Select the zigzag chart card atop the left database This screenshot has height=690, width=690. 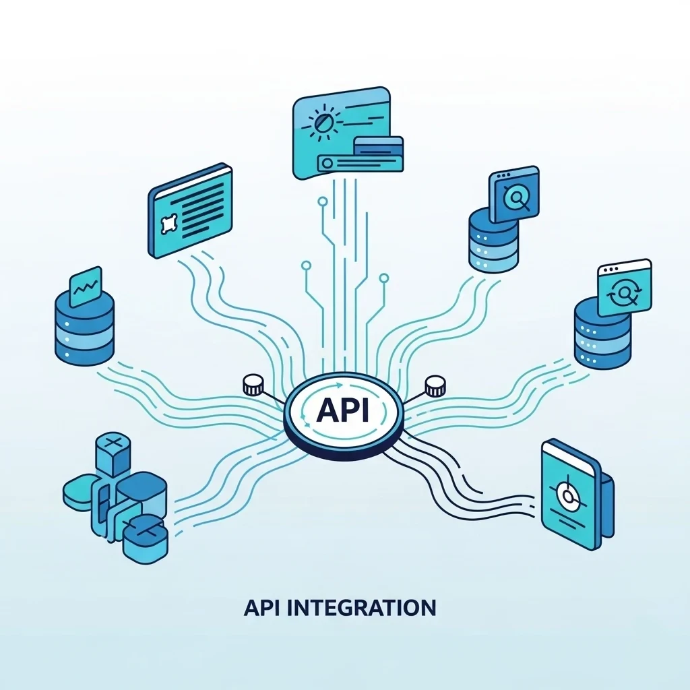86,286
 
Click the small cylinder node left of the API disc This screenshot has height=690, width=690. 253,386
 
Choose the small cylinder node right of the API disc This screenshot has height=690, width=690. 435,386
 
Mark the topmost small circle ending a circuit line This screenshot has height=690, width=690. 322,200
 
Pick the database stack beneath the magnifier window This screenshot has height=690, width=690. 494,241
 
